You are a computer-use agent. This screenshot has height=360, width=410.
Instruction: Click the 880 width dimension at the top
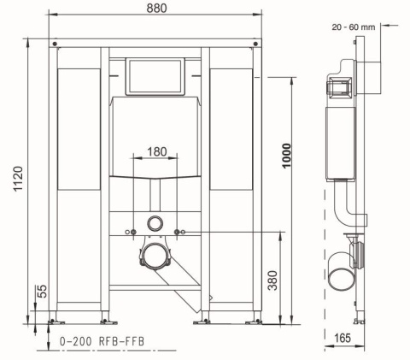155,8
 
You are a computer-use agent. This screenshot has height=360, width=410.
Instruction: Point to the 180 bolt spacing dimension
155,151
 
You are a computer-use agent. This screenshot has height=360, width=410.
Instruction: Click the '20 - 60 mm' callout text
354,27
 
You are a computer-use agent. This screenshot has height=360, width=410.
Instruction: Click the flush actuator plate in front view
155,77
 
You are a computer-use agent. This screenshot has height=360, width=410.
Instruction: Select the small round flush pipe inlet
155,222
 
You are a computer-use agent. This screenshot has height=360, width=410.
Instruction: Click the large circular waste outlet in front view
155,255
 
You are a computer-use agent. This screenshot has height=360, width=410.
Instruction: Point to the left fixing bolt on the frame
132,233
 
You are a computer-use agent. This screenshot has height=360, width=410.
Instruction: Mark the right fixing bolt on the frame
178,233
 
